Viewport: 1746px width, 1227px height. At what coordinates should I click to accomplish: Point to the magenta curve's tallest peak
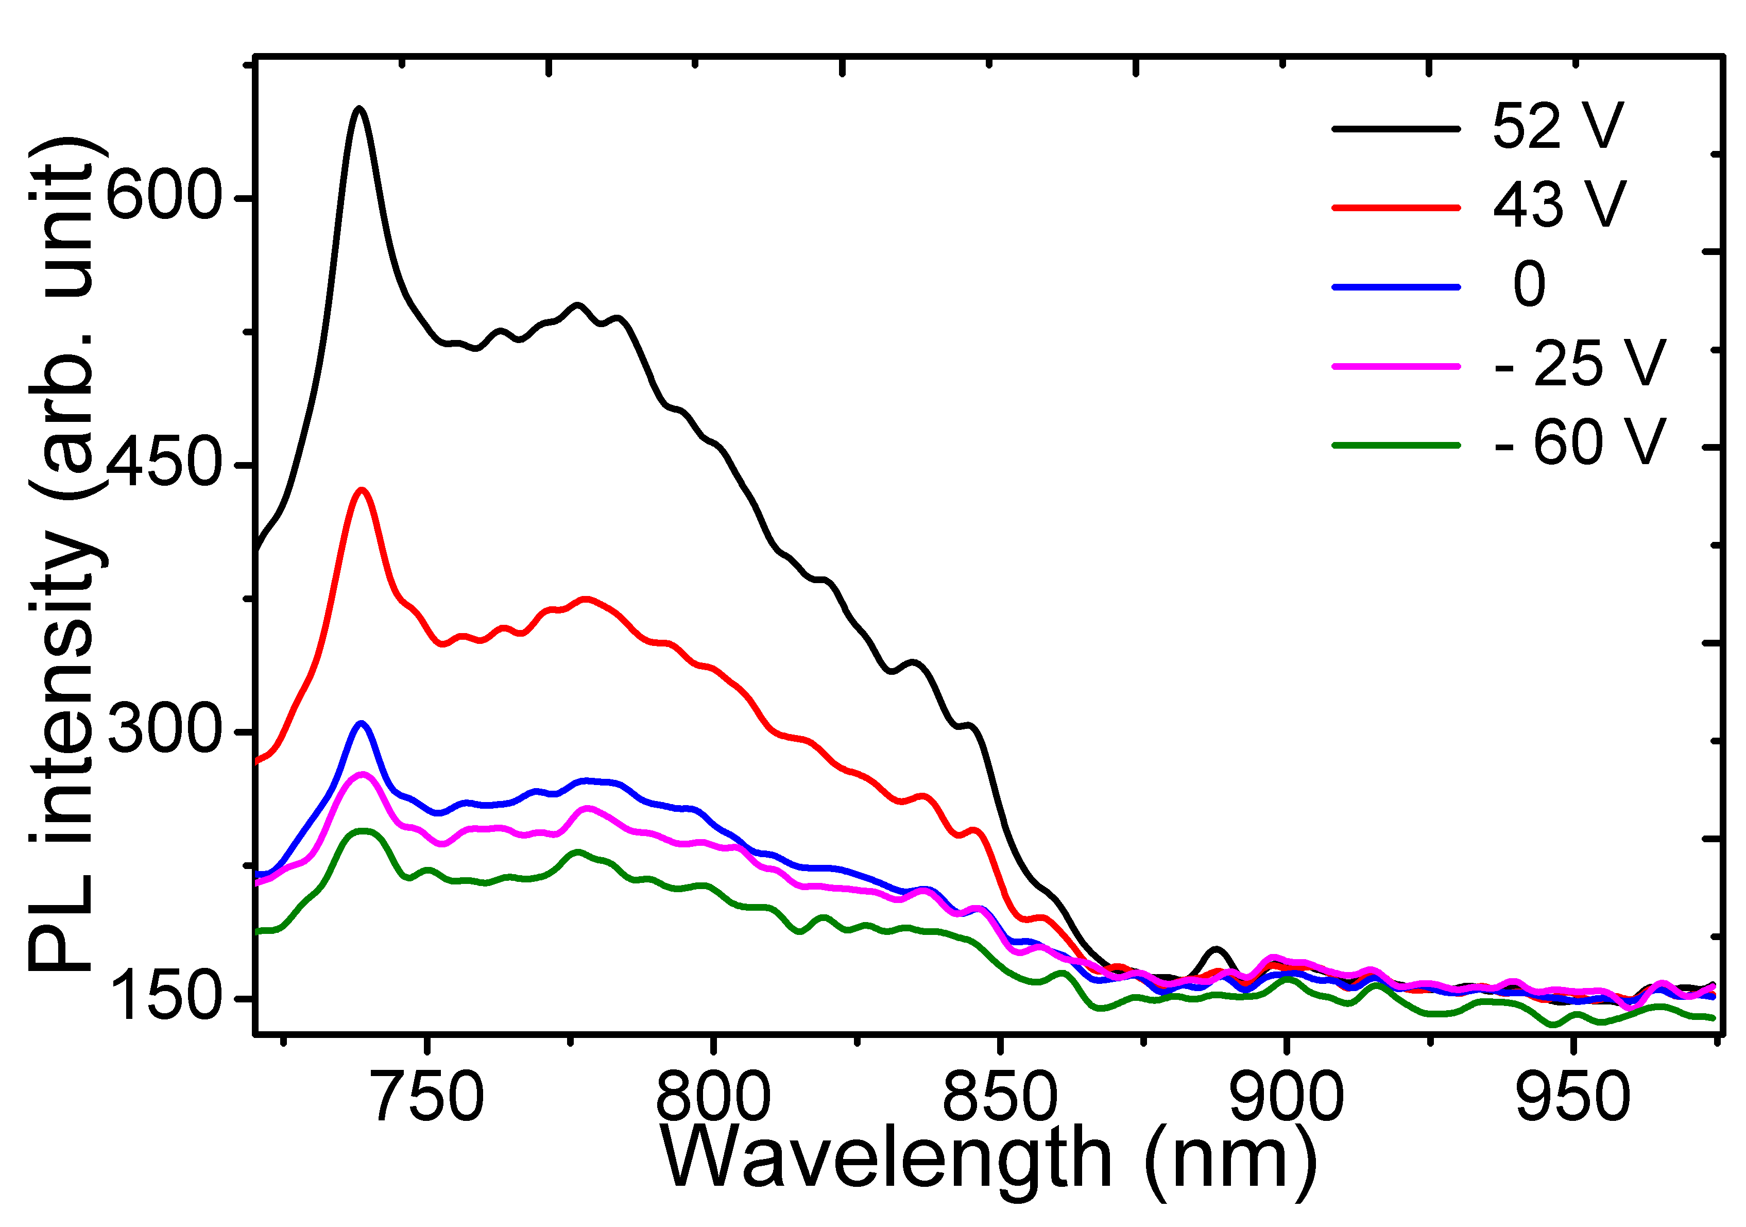tap(363, 774)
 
